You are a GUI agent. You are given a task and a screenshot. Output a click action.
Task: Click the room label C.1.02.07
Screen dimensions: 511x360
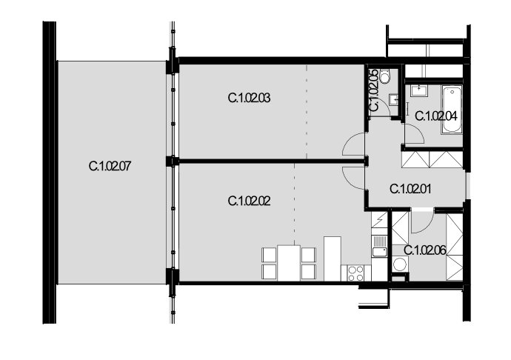pos(110,167)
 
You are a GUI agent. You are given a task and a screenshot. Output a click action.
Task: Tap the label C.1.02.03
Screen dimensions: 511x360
pos(249,98)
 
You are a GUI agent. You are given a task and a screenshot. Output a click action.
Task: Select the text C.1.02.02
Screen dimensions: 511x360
pos(249,201)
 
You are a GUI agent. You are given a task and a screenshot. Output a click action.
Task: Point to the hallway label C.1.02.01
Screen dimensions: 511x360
pos(410,189)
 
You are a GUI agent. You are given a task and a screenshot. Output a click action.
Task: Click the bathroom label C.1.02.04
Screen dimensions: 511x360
pos(436,116)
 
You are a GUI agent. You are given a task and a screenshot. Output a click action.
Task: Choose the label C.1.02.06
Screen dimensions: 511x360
pos(425,250)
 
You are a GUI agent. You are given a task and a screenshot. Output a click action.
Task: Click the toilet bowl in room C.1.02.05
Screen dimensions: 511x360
pos(385,76)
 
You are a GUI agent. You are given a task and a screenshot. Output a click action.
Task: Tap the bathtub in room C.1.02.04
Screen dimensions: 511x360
pos(452,110)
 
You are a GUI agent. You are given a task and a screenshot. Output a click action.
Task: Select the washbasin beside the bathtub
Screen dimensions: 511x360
pos(418,90)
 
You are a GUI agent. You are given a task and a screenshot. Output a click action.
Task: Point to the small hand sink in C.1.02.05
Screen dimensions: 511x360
pos(394,99)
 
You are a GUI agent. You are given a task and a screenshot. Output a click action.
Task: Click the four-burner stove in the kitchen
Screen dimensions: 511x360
pos(355,273)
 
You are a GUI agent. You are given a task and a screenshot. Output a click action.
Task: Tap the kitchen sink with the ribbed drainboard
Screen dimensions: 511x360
pos(380,246)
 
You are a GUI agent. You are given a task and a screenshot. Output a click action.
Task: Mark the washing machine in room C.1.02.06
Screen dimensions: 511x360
pos(400,264)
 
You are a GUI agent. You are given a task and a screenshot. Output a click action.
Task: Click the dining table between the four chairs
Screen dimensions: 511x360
pos(289,263)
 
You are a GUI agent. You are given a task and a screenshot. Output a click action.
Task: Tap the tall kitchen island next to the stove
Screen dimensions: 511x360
pos(332,259)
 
